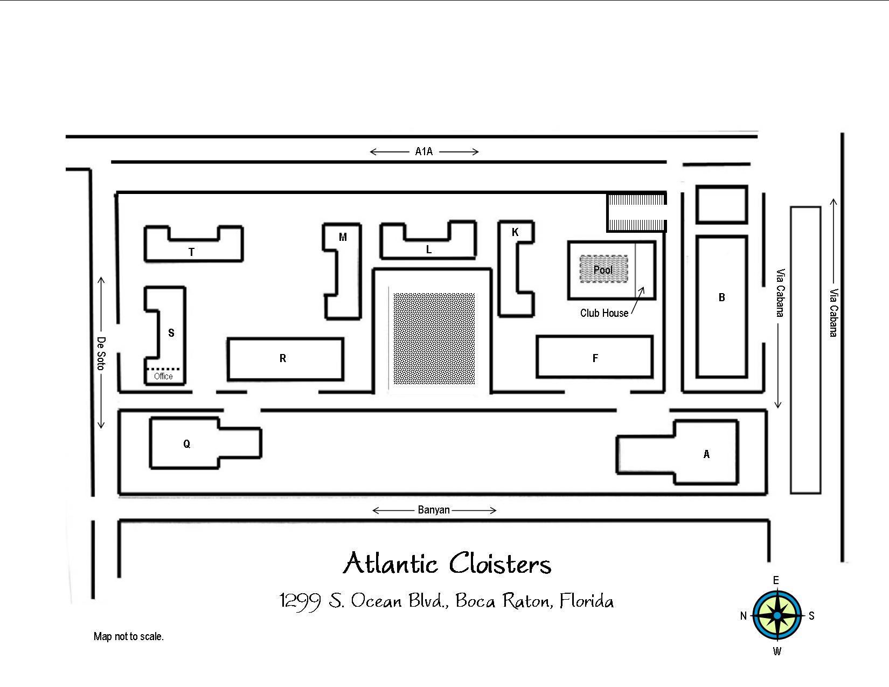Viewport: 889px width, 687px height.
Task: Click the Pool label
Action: click(x=603, y=269)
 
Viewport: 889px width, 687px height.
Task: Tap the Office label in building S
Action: click(x=163, y=376)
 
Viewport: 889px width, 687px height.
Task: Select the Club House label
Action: click(x=604, y=313)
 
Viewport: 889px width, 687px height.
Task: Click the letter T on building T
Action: click(x=191, y=252)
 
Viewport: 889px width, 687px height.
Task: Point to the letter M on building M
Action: click(x=343, y=237)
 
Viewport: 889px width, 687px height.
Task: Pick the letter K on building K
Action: click(x=515, y=232)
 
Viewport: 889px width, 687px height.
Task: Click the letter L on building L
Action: click(x=429, y=249)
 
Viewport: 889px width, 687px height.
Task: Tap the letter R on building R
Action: click(x=283, y=358)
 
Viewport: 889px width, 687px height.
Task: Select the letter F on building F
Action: click(x=595, y=358)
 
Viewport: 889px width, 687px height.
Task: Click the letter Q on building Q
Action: click(x=186, y=444)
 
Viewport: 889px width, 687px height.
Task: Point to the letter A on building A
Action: click(x=706, y=454)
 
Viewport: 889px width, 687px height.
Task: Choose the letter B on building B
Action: click(x=722, y=297)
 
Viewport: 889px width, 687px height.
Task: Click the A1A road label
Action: click(x=423, y=151)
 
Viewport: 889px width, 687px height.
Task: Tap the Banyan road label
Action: click(x=434, y=510)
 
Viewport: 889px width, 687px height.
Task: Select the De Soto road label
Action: click(x=101, y=353)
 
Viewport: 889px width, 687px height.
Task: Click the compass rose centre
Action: click(x=777, y=615)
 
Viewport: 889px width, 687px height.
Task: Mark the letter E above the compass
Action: click(x=776, y=580)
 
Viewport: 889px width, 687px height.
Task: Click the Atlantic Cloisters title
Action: click(x=447, y=564)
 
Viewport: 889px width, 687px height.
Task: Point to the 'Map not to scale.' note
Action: click(x=129, y=636)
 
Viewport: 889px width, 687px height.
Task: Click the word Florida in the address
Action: click(x=587, y=600)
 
